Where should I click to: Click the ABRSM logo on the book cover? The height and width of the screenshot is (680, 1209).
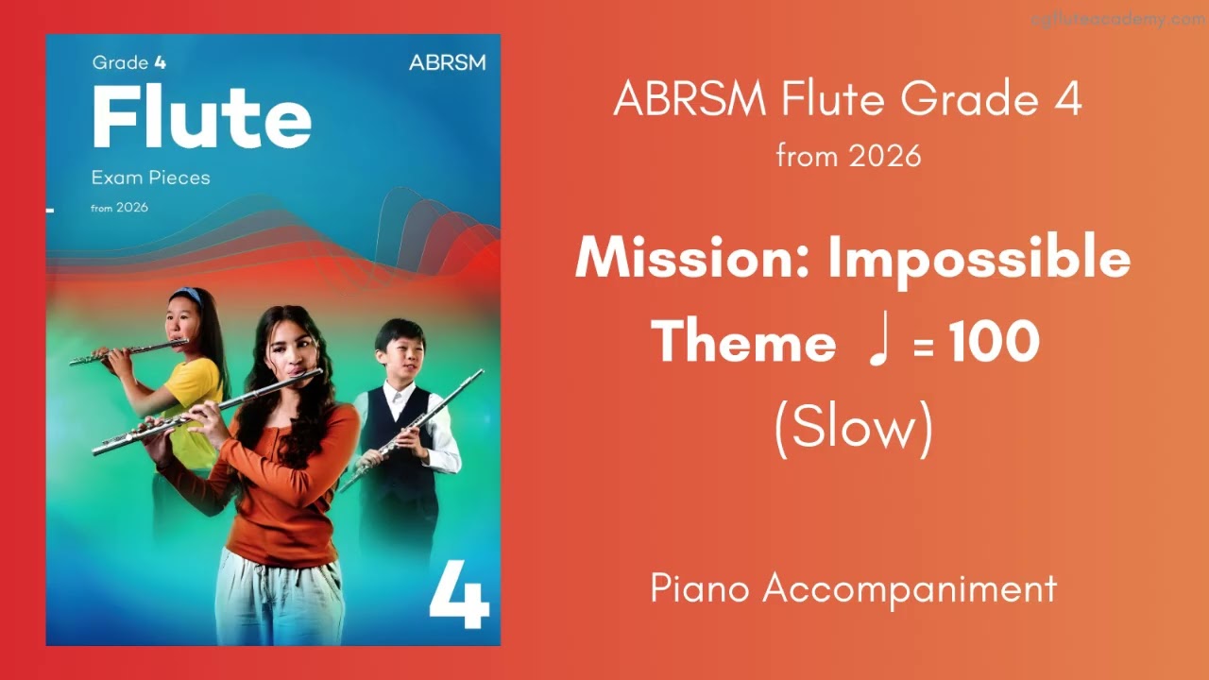coord(447,63)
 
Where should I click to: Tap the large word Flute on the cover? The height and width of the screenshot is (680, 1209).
coord(201,118)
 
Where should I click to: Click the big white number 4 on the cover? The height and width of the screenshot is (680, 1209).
coord(459,596)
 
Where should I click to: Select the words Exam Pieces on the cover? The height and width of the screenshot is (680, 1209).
coord(150,178)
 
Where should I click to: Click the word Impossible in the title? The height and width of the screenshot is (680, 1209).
coord(979,258)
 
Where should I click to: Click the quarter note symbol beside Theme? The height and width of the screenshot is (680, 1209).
coord(878,341)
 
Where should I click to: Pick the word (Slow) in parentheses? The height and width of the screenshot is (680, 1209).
coord(853,428)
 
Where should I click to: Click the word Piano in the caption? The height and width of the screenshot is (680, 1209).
coord(700,588)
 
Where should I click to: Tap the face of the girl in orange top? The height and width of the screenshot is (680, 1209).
coord(288,348)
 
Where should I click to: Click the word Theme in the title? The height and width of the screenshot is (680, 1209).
coord(743,341)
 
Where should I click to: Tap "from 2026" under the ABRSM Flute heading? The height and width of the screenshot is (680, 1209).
coord(848,156)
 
